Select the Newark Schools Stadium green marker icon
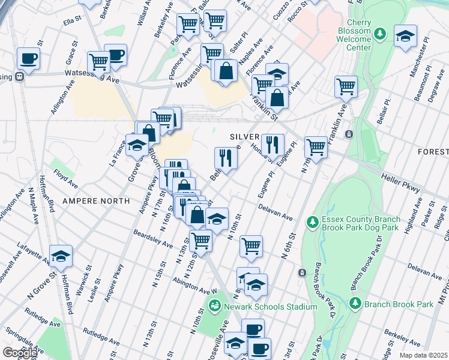coord(214,307)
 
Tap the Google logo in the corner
coord(19,353)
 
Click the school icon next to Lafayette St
coord(61,256)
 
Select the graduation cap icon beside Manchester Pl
coord(406,35)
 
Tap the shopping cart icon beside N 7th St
coord(315,146)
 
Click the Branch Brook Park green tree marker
coord(355,304)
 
